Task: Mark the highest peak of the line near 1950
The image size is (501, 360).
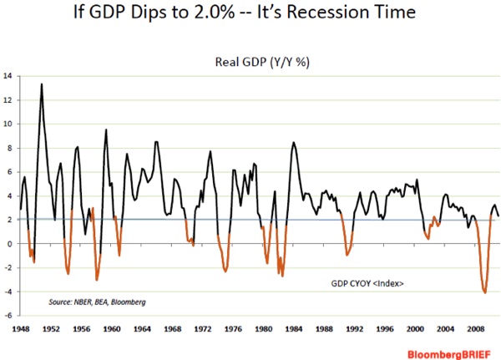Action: (x=42, y=84)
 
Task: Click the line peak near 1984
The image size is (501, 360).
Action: (x=293, y=143)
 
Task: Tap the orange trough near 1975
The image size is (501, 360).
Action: (x=225, y=271)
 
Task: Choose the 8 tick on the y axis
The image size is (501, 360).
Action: (x=9, y=148)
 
